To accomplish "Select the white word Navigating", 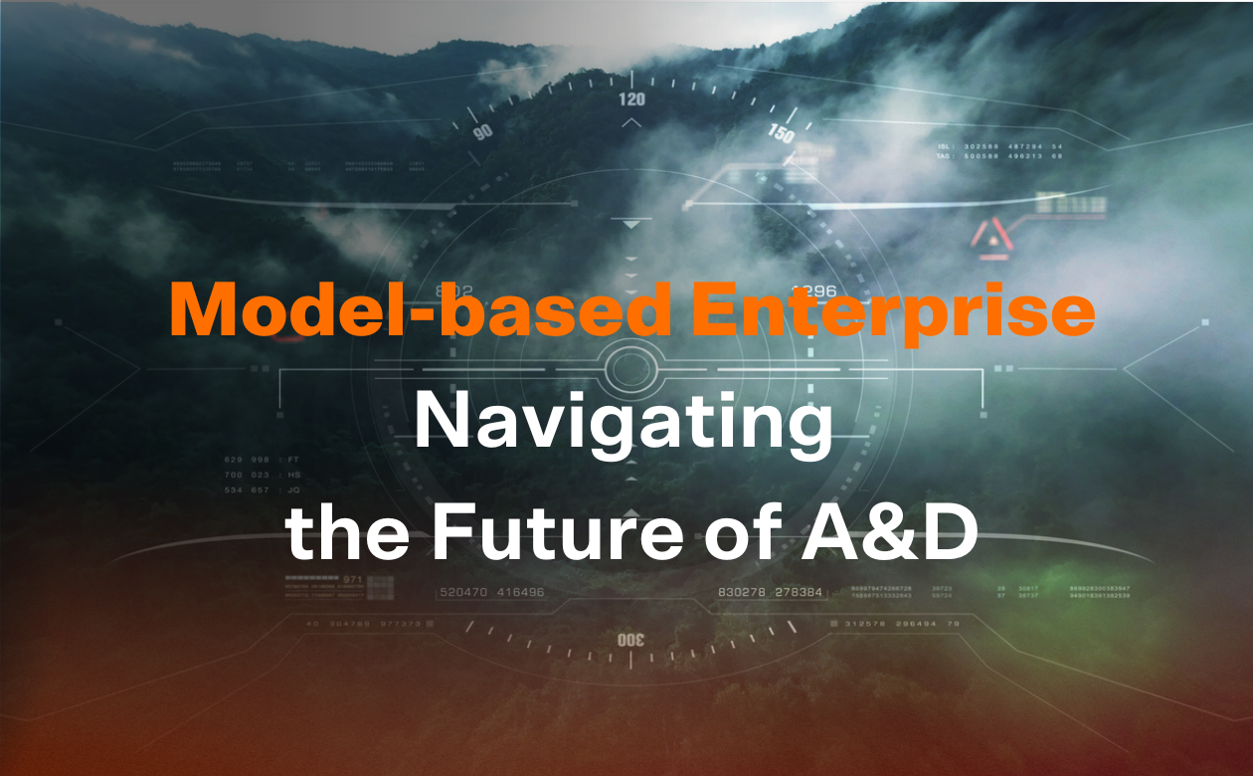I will click(x=624, y=424).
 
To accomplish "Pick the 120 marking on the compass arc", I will click(x=631, y=99).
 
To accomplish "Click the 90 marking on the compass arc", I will click(x=483, y=132).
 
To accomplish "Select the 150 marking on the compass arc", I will click(x=781, y=132).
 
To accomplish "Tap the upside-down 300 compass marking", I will click(x=631, y=640).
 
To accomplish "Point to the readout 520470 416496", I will click(x=491, y=593).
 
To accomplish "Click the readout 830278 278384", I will click(x=771, y=593).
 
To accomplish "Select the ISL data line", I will click(x=999, y=145).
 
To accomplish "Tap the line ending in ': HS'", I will click(x=262, y=475).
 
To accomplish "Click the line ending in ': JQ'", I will click(x=262, y=489).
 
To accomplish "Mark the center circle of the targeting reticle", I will click(x=630, y=369).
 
